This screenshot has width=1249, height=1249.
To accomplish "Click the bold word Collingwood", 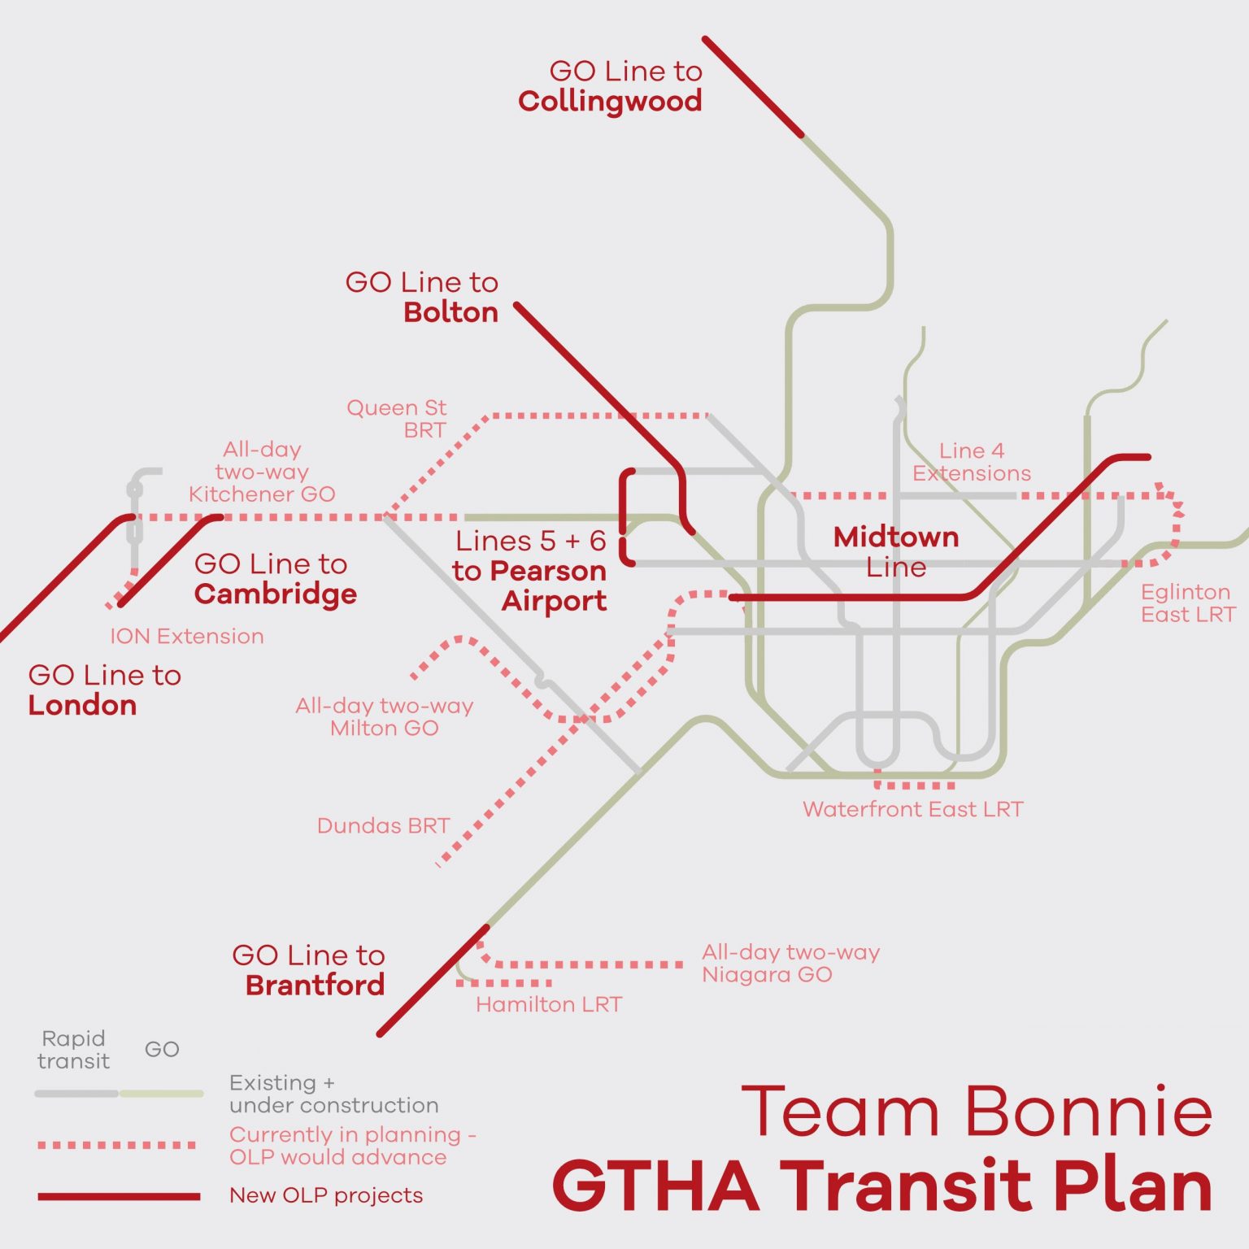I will tap(610, 102).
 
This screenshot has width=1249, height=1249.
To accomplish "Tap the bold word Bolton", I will tap(450, 312).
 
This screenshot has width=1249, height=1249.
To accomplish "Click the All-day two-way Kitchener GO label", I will tap(262, 472).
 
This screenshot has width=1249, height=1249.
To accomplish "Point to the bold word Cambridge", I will tap(276, 594).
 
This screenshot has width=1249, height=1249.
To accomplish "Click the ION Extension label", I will tap(187, 636).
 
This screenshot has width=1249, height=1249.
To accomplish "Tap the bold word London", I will tap(82, 705).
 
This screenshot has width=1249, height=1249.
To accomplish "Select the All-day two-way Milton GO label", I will tap(385, 716).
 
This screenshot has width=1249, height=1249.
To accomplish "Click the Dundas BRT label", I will tap(383, 825).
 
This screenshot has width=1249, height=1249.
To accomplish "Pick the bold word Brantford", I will tap(315, 985).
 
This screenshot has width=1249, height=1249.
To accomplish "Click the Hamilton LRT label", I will tap(549, 1004).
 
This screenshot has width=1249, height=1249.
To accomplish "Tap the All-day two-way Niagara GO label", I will tap(790, 963).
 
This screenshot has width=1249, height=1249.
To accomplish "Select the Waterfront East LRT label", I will tap(912, 809).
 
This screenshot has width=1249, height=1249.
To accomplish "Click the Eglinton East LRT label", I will tap(1187, 603).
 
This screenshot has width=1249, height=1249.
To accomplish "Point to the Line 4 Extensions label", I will tap(972, 462).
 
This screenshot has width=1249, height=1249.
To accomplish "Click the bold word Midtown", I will tap(896, 537).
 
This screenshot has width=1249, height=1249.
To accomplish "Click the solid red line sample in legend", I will tap(119, 1196).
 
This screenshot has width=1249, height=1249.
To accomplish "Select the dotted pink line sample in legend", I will tap(117, 1145).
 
